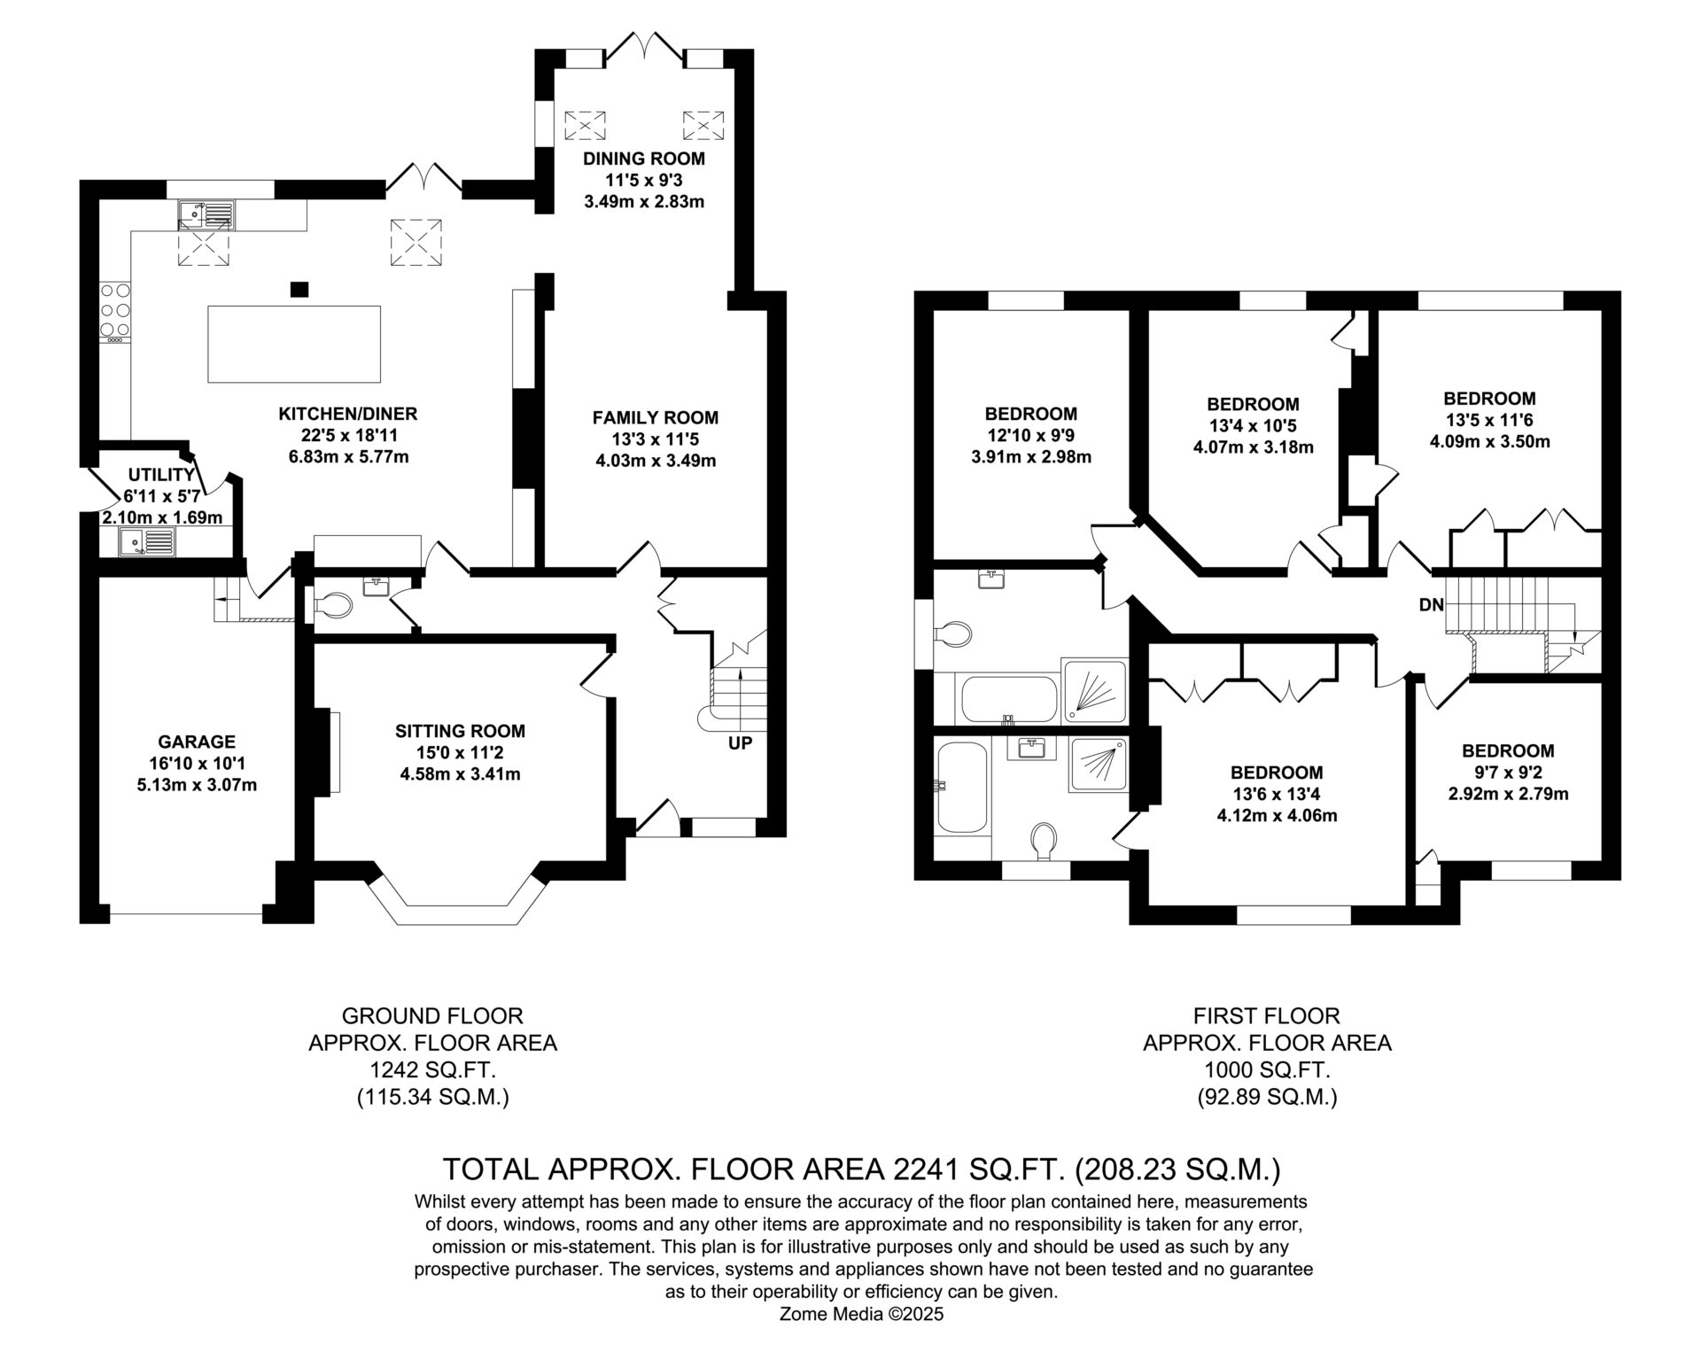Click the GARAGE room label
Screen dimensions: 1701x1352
click(197, 742)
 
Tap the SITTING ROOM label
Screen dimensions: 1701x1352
click(460, 731)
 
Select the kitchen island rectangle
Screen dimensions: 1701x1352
click(294, 344)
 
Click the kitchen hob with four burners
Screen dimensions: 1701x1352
click(115, 311)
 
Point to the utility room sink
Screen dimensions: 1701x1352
click(148, 542)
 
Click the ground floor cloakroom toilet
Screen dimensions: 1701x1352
click(333, 606)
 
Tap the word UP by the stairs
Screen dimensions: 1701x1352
click(740, 743)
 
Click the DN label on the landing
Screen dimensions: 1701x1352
click(1432, 606)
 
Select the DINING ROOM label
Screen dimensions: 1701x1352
click(644, 159)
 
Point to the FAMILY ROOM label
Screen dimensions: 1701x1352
click(656, 417)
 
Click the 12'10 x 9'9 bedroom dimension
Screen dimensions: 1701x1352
click(1031, 436)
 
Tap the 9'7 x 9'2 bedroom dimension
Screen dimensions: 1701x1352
click(1508, 773)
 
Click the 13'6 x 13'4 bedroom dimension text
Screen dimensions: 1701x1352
click(1277, 795)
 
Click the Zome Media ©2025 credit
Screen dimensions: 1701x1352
click(862, 1315)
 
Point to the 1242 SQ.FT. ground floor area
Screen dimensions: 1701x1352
click(432, 1070)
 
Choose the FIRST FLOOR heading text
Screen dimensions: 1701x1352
click(1267, 1015)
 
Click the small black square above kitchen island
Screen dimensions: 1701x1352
click(299, 289)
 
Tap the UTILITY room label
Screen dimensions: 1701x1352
click(161, 475)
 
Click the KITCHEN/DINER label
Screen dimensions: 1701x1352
click(348, 414)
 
